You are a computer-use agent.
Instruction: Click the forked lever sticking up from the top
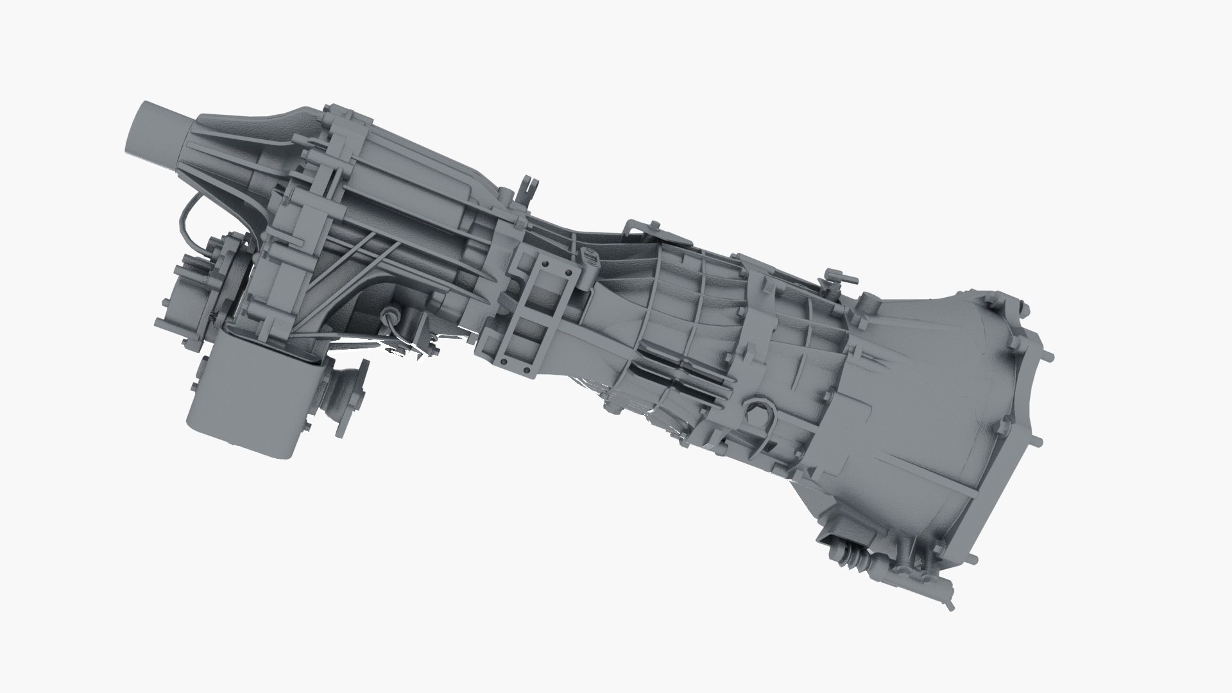529,189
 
